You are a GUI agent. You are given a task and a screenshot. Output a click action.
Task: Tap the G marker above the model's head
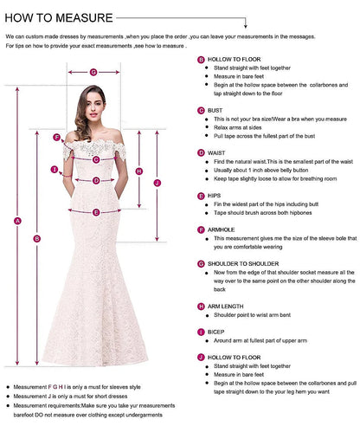click(x=93, y=72)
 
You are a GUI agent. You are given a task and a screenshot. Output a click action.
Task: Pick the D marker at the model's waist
click(x=96, y=181)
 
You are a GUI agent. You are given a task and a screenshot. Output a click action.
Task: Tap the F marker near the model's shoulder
click(x=56, y=136)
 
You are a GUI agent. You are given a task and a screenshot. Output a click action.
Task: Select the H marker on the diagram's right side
click(x=138, y=171)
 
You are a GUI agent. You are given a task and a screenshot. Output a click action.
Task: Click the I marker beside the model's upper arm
click(x=54, y=170)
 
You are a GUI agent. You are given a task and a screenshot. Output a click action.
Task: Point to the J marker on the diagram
click(x=157, y=184)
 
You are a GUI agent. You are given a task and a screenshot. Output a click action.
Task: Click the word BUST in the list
click(x=215, y=111)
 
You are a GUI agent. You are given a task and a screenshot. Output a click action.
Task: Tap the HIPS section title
click(x=215, y=196)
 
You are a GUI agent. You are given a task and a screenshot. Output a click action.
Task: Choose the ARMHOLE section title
click(x=222, y=229)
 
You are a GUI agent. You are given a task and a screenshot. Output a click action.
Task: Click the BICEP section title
click(x=216, y=332)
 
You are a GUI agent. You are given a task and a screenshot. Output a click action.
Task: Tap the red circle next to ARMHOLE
click(x=201, y=229)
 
